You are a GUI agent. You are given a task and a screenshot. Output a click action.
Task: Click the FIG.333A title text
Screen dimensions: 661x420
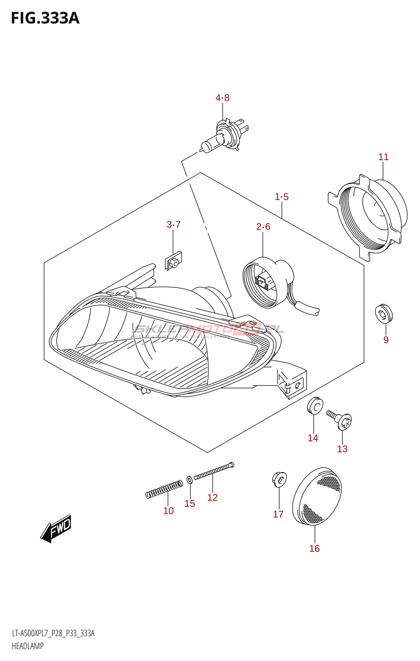(45, 19)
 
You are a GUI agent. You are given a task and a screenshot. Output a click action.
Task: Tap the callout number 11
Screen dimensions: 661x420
(383, 157)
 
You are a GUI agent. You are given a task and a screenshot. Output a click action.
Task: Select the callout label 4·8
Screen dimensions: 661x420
(222, 98)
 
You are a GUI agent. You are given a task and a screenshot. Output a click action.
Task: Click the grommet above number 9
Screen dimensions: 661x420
(384, 314)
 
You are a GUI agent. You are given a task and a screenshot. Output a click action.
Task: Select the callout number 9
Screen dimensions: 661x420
(386, 340)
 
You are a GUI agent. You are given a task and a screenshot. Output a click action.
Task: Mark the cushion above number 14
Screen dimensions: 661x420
(315, 406)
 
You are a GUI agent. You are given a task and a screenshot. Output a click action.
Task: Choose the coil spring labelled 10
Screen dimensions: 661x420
(164, 489)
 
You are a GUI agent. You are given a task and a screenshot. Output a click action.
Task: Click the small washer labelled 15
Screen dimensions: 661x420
(190, 480)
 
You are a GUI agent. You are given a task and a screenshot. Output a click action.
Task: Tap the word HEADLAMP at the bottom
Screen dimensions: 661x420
(28, 646)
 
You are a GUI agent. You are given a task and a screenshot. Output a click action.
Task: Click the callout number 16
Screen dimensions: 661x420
(314, 548)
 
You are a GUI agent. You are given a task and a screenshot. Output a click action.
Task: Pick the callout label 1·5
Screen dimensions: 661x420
(282, 197)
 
